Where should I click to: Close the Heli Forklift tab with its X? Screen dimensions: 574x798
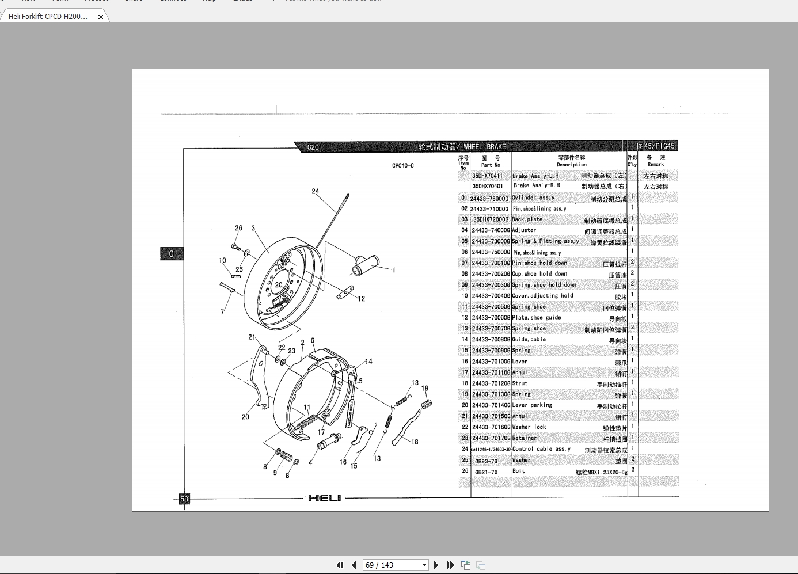101,17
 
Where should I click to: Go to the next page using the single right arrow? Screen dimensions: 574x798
436,565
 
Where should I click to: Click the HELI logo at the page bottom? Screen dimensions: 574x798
324,498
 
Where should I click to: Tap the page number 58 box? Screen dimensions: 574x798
184,499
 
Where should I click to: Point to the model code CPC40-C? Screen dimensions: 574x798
403,166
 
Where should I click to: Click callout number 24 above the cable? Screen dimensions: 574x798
315,191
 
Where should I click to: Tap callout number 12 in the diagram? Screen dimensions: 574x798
361,299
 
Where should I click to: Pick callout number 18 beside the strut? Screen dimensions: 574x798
415,442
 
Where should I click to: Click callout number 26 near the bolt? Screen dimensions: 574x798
238,228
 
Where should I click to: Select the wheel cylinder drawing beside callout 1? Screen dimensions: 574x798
365,265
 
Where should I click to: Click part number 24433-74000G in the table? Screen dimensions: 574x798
491,230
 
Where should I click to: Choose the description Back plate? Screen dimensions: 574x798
527,219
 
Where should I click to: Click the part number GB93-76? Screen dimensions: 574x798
486,461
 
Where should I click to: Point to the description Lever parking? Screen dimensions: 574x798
532,405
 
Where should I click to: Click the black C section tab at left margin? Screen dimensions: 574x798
171,254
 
